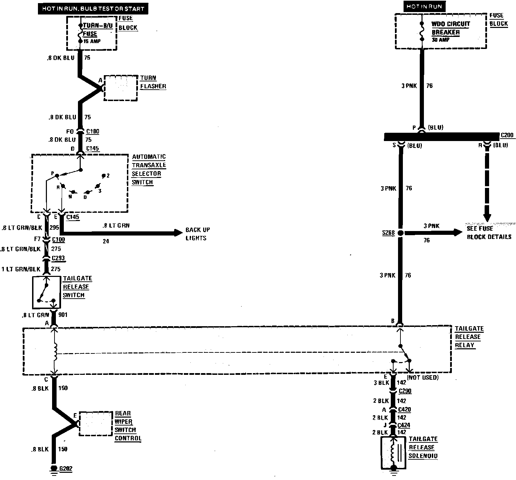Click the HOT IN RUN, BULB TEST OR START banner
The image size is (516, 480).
pos(93,8)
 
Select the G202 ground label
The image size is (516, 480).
pos(66,469)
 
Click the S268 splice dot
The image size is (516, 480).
pos(400,233)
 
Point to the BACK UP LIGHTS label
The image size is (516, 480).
pos(197,234)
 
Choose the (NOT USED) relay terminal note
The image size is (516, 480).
pos(423,378)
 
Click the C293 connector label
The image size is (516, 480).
pos(58,258)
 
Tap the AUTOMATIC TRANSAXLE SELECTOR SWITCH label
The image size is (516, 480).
pos(149,169)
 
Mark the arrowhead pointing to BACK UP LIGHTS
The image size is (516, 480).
pos(178,233)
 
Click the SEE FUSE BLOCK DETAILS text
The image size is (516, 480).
pos(488,233)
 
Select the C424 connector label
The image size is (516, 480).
pos(404,425)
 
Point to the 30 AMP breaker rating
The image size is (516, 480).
pos(440,40)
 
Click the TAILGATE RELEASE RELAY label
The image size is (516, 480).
pos(469,337)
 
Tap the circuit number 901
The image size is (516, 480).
pos(63,315)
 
